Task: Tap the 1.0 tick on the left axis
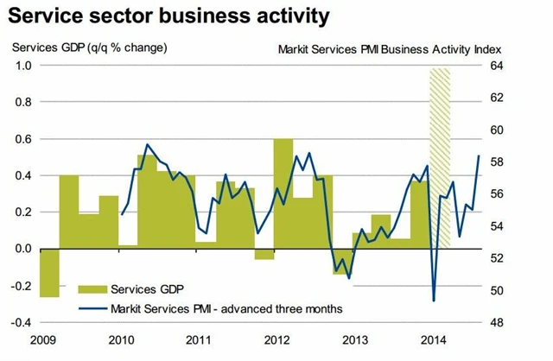point(23,66)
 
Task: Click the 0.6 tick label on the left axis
point(23,139)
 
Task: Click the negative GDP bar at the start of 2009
point(49,272)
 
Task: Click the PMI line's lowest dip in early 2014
point(433,301)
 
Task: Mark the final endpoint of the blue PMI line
point(480,155)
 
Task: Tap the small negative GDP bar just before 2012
point(264,254)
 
